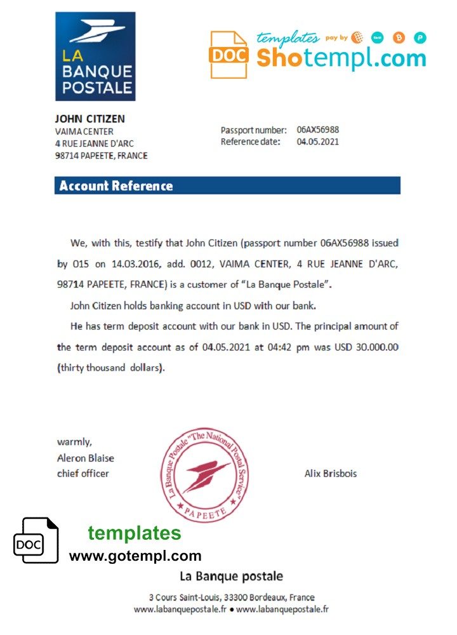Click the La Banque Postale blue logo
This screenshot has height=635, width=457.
95,56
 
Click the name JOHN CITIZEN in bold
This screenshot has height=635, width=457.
89,119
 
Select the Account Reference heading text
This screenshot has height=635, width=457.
116,186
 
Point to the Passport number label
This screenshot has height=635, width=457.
253,130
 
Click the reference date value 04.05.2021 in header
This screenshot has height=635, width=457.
317,142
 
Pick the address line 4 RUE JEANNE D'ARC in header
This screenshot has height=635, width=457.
95,144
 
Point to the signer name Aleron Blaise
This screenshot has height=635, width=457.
86,458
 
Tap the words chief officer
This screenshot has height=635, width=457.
83,473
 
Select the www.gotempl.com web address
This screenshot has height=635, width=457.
135,556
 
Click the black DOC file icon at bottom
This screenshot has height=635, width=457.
36,540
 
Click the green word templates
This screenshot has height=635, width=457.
134,533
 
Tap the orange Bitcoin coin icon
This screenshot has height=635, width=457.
399,37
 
